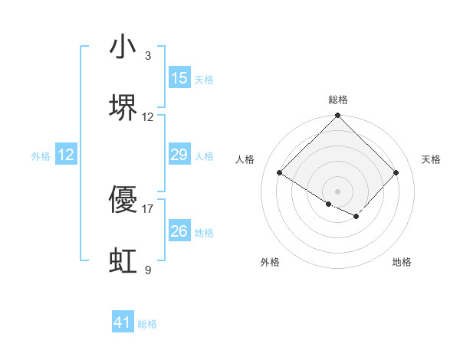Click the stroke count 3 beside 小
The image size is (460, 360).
pyautogui.click(x=148, y=56)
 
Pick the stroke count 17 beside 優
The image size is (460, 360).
pyautogui.click(x=148, y=208)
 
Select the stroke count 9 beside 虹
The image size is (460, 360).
pyautogui.click(x=148, y=270)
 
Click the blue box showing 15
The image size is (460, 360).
pyautogui.click(x=179, y=78)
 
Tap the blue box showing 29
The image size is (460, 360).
pyautogui.click(x=179, y=155)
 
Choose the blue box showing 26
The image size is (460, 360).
pyautogui.click(x=179, y=231)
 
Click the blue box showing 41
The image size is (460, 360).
pyautogui.click(x=123, y=323)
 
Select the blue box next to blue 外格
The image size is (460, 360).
pyautogui.click(x=66, y=155)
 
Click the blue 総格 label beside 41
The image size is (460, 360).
pyautogui.click(x=147, y=324)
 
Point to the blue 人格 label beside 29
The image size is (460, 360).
pyautogui.click(x=204, y=156)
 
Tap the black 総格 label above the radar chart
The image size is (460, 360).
pyautogui.click(x=338, y=100)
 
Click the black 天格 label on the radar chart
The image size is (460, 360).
pyautogui.click(x=432, y=159)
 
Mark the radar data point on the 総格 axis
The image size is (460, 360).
pyautogui.click(x=338, y=116)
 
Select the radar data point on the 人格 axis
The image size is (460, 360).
pyautogui.click(x=280, y=173)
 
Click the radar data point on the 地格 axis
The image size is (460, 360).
pyautogui.click(x=356, y=217)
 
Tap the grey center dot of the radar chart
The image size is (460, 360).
pyautogui.click(x=338, y=191)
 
